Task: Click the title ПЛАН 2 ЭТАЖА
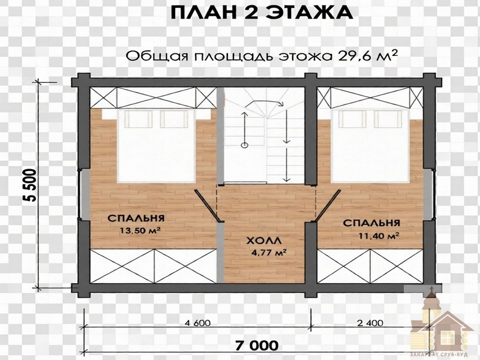tap(262, 13)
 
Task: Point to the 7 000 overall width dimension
tap(257, 346)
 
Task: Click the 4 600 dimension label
tap(197, 323)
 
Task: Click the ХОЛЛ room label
tap(264, 241)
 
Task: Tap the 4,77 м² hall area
tap(269, 253)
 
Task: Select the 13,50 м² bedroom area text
tap(140, 230)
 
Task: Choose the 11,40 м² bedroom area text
tap(379, 235)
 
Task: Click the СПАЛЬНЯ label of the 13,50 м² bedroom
tap(136, 218)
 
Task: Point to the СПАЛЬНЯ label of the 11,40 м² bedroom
tap(371, 223)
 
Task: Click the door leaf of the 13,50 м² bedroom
tap(206, 205)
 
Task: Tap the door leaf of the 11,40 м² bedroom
tap(328, 205)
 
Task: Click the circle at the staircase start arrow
tap(244, 145)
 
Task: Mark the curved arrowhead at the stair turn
tap(280, 104)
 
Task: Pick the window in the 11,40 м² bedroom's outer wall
tap(429, 194)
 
